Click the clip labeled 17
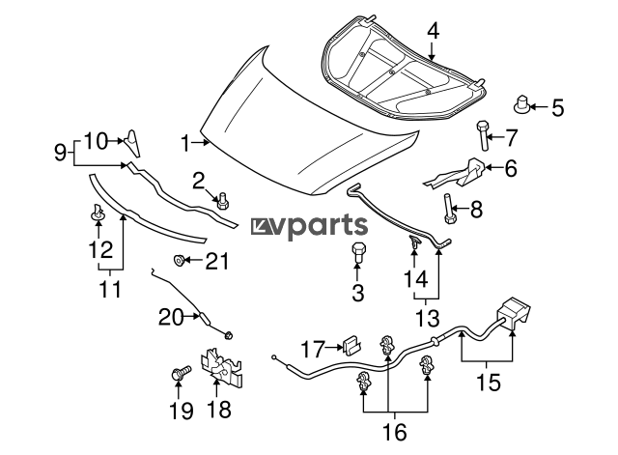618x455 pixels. click(351, 343)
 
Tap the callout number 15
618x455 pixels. click(489, 382)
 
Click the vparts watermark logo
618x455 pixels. click(309, 227)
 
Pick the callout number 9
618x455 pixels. click(61, 151)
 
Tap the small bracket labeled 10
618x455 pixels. click(132, 144)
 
